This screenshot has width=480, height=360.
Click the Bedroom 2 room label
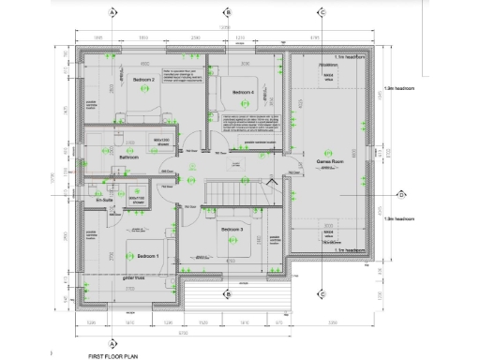point(142,80)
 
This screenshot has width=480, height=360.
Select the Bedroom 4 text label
point(243,92)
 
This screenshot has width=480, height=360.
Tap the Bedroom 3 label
point(232,230)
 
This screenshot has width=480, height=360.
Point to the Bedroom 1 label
point(148,255)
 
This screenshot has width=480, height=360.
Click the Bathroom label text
point(129,157)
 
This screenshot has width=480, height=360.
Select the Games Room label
point(327,161)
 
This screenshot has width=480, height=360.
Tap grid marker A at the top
point(112,12)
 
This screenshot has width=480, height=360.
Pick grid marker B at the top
point(227,12)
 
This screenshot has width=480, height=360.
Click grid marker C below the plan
point(322,293)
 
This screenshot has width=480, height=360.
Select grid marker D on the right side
point(400,195)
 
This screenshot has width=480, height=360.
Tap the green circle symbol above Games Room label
point(327,152)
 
